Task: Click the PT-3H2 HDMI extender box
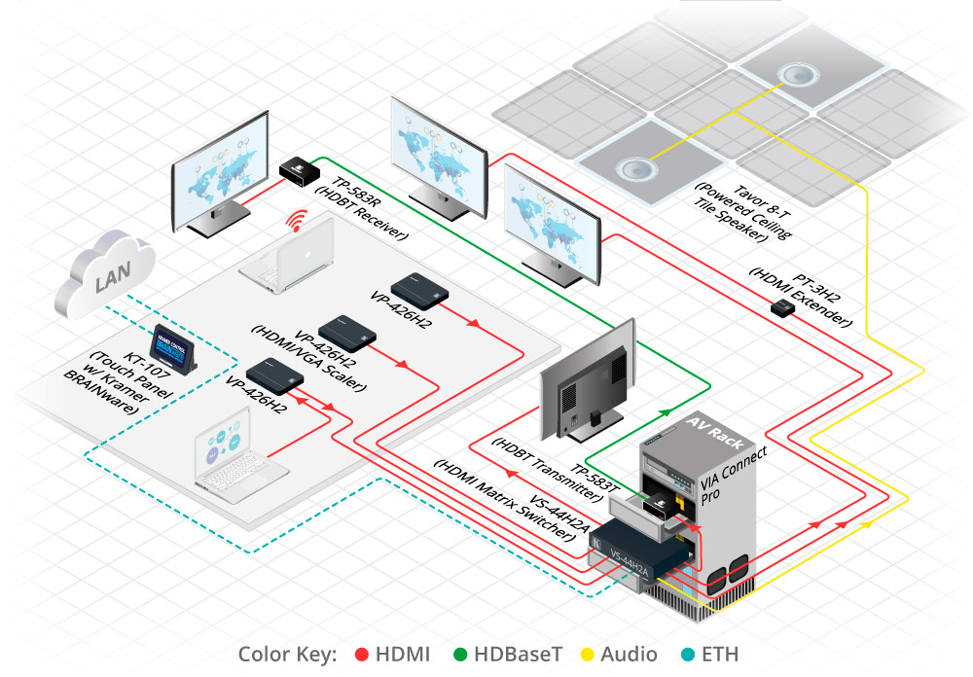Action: coord(783,309)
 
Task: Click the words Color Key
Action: coord(287,654)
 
